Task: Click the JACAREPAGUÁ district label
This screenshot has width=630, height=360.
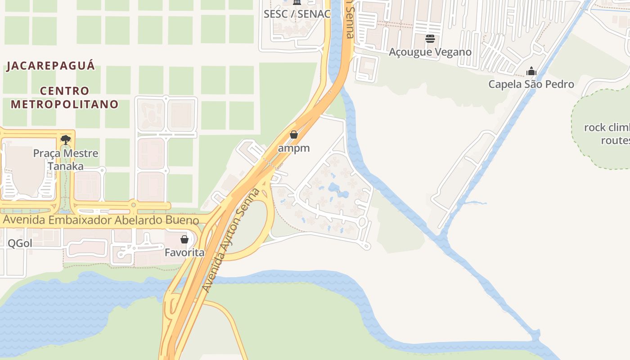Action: tap(50, 66)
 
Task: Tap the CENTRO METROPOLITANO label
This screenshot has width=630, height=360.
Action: tap(65, 98)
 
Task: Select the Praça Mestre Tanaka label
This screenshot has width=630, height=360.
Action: tap(66, 160)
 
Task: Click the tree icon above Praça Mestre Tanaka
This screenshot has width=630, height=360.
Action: tap(66, 139)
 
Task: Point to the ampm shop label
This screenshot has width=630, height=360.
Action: tap(294, 148)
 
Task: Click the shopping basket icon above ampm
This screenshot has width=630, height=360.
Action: tap(294, 135)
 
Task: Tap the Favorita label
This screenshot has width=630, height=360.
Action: tap(184, 252)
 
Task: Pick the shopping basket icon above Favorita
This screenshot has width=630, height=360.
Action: tap(184, 239)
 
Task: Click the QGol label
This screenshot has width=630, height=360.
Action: tap(20, 243)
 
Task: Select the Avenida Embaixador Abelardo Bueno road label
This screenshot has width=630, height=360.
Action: tap(101, 220)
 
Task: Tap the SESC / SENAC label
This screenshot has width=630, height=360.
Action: tap(297, 14)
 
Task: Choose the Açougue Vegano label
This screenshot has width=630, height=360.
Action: tap(430, 52)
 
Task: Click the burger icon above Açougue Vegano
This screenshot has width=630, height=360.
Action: tap(430, 39)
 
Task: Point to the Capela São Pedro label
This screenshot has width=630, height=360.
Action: tap(531, 84)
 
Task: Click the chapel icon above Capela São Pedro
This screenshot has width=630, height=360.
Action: tap(531, 71)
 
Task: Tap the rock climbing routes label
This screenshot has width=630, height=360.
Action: tap(607, 134)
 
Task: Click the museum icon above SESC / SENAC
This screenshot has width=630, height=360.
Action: tap(297, 2)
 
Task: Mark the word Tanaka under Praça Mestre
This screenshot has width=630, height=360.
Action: tap(66, 166)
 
